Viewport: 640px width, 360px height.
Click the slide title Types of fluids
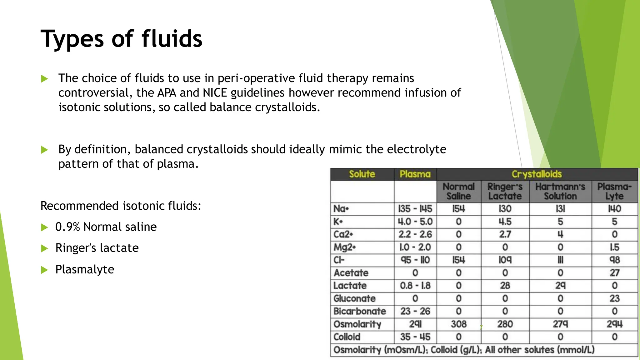coord(121,39)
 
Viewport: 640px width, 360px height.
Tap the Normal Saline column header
coord(458,191)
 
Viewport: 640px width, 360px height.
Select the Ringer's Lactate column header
coord(505,191)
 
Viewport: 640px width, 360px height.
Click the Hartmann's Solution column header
coord(560,191)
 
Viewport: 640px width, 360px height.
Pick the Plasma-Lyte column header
coord(614,191)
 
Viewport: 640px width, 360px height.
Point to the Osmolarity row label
coord(357,324)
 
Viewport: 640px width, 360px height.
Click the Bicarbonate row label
coord(360,311)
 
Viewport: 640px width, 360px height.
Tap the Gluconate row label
coord(354,298)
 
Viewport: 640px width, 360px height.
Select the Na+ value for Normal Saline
coord(458,209)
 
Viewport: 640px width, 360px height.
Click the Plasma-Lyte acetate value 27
coord(614,273)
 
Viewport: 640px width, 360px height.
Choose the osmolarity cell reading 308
coord(458,324)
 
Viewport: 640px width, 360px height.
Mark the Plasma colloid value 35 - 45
coord(415,337)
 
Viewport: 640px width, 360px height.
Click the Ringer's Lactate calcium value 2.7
coord(505,234)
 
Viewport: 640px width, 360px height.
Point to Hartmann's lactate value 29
coord(560,286)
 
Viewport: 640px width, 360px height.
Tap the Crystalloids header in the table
coord(537,174)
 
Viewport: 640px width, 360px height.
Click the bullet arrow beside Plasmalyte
coord(44,270)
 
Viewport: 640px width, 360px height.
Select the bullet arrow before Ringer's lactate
coord(44,248)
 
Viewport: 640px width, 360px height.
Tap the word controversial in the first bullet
coord(93,93)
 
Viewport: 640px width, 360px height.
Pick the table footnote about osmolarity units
coord(464,350)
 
